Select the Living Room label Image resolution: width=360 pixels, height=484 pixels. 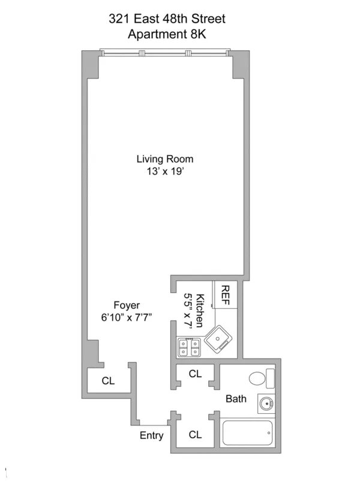(x=164, y=159)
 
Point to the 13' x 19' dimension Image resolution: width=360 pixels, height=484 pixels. (x=164, y=172)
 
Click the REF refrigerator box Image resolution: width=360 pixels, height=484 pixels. (x=226, y=295)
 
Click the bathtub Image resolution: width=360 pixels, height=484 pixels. (x=247, y=433)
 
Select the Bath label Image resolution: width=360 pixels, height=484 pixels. (x=235, y=398)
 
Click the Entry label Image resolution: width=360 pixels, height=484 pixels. (x=151, y=435)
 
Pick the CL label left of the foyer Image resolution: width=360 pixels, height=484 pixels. (x=108, y=381)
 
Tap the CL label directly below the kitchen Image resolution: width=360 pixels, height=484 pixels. (x=195, y=374)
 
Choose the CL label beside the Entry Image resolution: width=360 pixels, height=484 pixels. (x=195, y=434)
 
